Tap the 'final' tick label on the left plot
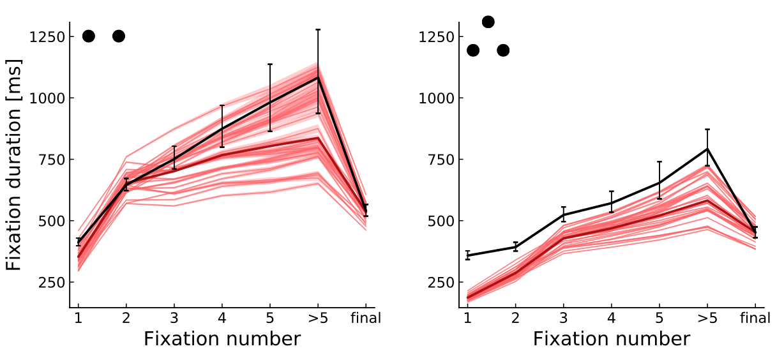366,318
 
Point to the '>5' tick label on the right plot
707,318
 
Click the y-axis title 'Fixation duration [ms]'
13,165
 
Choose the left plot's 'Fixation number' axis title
222,339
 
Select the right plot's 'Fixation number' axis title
611,339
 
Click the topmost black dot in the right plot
488,22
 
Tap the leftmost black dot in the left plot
89,36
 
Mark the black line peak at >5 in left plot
318,78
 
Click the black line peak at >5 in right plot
707,149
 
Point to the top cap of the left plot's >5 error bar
318,29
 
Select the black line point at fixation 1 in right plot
467,255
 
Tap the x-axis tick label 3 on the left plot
174,318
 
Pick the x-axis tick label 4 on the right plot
611,318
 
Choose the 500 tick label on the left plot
50,221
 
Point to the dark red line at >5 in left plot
318,138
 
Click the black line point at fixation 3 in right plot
563,214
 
